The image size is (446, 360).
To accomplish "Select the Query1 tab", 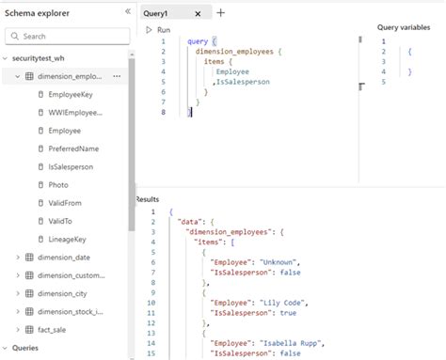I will click(x=157, y=13).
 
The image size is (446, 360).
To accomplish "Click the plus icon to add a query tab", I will click(x=220, y=13).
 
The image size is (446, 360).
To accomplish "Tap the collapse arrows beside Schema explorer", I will click(x=128, y=12).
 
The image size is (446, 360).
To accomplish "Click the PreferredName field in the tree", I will click(x=74, y=149).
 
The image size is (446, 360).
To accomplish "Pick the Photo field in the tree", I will click(x=58, y=184).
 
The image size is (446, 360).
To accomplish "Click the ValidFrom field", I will click(x=65, y=202).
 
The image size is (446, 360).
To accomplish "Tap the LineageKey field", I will click(x=68, y=239).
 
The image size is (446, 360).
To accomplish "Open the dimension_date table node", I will click(x=64, y=258).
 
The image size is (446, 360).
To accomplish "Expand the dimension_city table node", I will click(x=63, y=293).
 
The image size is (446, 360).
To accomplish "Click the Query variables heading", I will click(x=404, y=27).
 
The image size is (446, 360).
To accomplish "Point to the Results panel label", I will click(x=148, y=199).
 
